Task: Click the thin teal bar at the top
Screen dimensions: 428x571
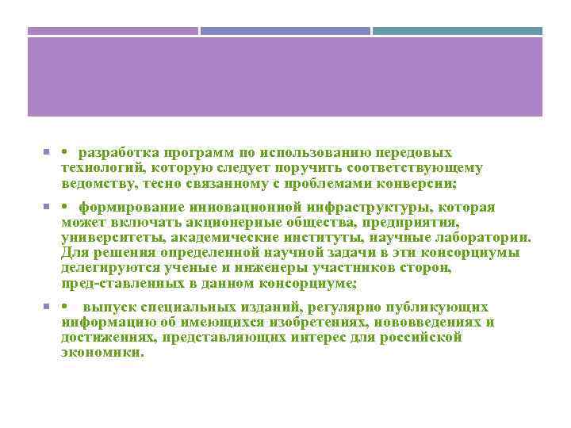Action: pos(458,31)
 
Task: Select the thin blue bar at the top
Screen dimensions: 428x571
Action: pos(285,31)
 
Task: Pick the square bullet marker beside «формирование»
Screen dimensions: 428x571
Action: pos(48,207)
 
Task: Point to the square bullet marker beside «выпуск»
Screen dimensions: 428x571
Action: pos(48,307)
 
